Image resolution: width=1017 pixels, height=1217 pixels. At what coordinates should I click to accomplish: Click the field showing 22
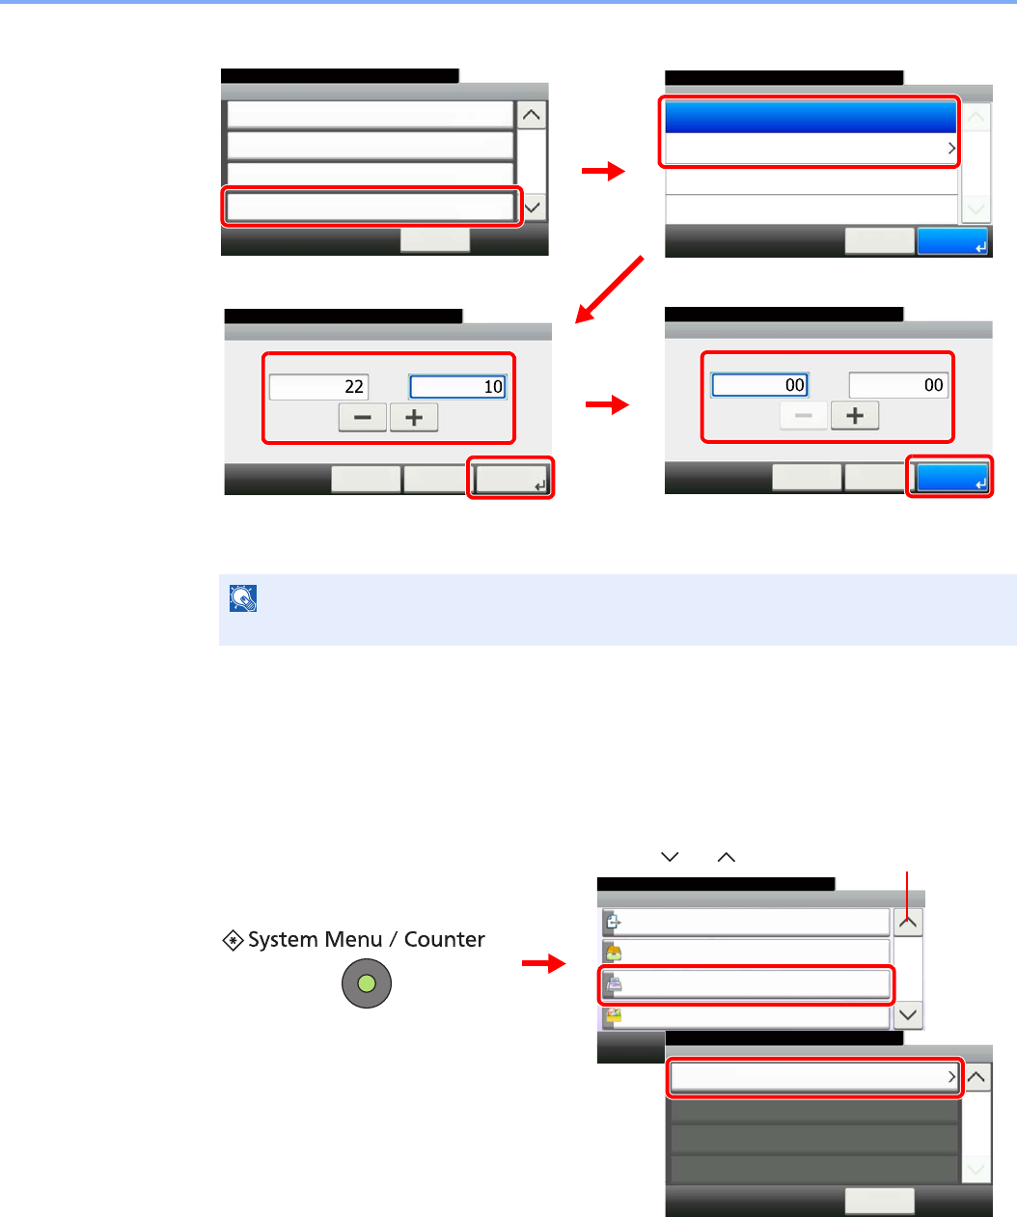pos(317,387)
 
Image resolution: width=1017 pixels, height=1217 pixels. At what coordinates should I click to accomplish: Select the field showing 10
pos(457,387)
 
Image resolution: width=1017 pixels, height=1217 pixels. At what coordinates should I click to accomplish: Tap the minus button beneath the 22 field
pos(362,418)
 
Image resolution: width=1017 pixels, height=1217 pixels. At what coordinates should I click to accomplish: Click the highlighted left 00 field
pos(760,385)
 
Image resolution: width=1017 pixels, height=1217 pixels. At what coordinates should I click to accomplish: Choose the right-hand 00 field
pos(898,385)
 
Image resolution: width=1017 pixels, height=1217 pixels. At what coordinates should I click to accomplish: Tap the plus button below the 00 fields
pos(855,416)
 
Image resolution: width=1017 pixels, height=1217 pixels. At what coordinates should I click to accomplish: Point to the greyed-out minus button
pos(803,416)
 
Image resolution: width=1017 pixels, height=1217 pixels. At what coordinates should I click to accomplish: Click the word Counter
pos(444,939)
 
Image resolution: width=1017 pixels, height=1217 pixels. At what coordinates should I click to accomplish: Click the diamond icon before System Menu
pos(233,940)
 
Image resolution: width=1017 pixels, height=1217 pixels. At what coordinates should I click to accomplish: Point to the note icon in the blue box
pos(243,599)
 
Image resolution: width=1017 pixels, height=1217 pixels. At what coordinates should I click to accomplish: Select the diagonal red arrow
pos(608,290)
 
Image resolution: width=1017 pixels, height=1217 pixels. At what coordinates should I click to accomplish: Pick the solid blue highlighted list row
pos(811,117)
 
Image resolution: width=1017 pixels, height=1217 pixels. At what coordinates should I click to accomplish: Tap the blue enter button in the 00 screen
pos(951,478)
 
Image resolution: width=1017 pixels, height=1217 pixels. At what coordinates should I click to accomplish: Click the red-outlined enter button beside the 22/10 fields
pos(510,478)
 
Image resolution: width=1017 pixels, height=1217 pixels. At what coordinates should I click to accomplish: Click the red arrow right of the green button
pos(543,963)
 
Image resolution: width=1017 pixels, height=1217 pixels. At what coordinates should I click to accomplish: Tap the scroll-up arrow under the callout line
pos(908,922)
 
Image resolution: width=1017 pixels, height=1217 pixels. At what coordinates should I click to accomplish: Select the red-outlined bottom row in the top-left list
pos(371,207)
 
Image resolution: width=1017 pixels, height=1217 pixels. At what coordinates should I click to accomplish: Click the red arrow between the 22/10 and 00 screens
pos(607,405)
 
